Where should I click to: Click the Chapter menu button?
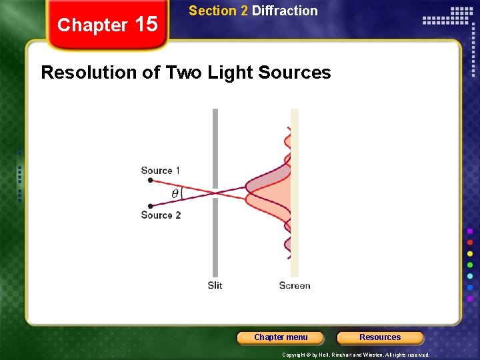click(x=281, y=337)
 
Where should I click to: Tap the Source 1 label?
click(x=161, y=171)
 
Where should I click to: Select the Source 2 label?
click(x=161, y=215)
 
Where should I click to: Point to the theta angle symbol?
click(x=175, y=193)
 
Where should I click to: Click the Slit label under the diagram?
click(x=215, y=285)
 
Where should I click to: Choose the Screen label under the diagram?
click(x=295, y=285)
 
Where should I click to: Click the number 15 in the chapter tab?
click(x=146, y=25)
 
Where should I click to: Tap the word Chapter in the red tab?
click(x=92, y=25)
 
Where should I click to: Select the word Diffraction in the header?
click(x=285, y=11)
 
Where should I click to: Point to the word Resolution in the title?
click(x=89, y=72)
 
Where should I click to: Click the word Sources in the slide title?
click(x=298, y=72)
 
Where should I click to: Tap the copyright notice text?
click(x=356, y=355)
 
